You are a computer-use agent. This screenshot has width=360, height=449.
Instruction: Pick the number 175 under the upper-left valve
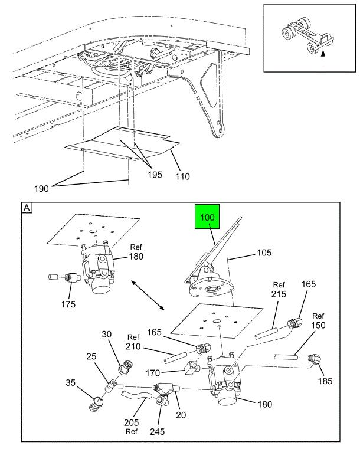coord(70,304)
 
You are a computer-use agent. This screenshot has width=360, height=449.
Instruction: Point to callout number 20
coord(181,415)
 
